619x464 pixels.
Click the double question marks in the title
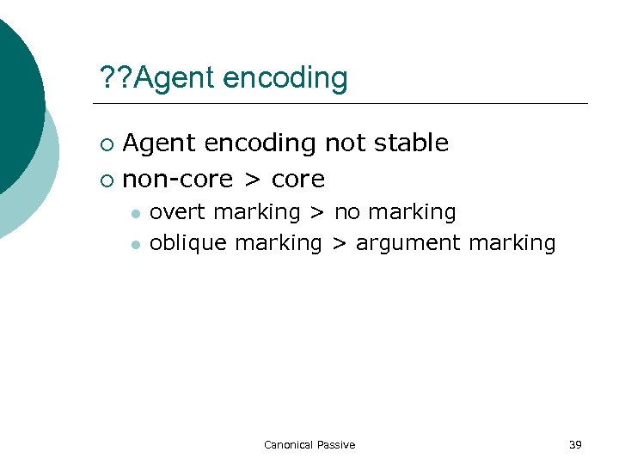click(116, 78)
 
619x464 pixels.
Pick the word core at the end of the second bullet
click(298, 180)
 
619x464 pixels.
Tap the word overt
click(177, 211)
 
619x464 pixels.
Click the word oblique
click(187, 243)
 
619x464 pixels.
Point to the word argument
click(408, 244)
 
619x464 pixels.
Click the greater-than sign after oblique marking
click(340, 243)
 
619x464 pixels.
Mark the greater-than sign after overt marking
click(317, 211)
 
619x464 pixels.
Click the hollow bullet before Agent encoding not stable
click(106, 143)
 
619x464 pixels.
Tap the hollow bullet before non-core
click(106, 180)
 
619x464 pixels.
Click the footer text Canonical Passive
click(309, 444)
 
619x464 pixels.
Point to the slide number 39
click(575, 444)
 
